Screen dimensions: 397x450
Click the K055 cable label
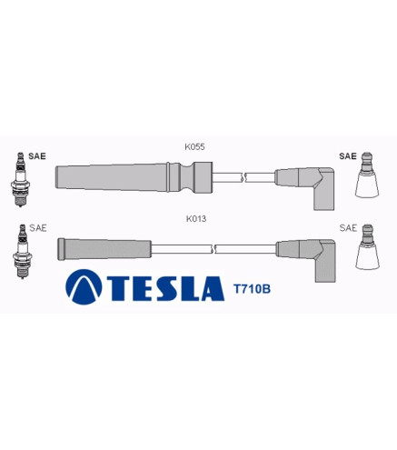pyautogui.click(x=194, y=146)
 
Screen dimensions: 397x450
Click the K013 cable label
pyautogui.click(x=196, y=218)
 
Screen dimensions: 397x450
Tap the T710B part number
pyautogui.click(x=252, y=289)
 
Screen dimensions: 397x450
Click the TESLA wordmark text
pyautogui.click(x=166, y=288)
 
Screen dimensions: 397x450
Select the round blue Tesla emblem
pyautogui.click(x=84, y=286)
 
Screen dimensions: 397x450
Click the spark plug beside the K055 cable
pyautogui.click(x=20, y=179)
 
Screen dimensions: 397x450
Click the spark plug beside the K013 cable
pyautogui.click(x=22, y=251)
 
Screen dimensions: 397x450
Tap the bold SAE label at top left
pyautogui.click(x=37, y=156)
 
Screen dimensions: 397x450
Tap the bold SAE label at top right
pyautogui.click(x=348, y=156)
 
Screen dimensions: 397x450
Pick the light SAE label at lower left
pyautogui.click(x=38, y=228)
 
